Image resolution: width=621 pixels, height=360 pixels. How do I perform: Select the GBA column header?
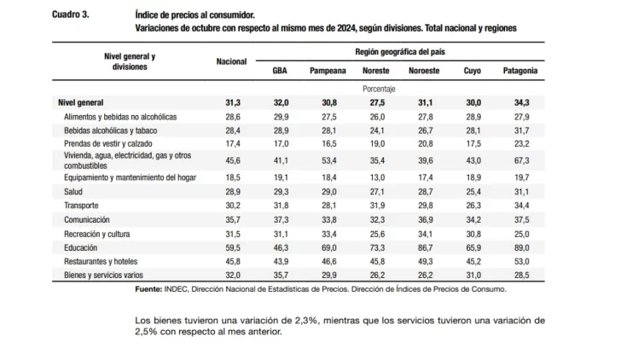pyautogui.click(x=279, y=71)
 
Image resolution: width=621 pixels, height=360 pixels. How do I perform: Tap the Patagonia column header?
pyautogui.click(x=519, y=71)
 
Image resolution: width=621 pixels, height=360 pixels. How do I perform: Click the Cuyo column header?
pyautogui.click(x=471, y=71)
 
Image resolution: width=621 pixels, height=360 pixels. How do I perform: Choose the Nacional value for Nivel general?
pyautogui.click(x=233, y=102)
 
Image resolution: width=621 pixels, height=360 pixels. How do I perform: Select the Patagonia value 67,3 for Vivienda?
pyautogui.click(x=519, y=160)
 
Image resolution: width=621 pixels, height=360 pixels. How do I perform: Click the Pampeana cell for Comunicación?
pyautogui.click(x=328, y=218)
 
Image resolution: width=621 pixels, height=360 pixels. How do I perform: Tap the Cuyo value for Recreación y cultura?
pyautogui.click(x=471, y=233)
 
